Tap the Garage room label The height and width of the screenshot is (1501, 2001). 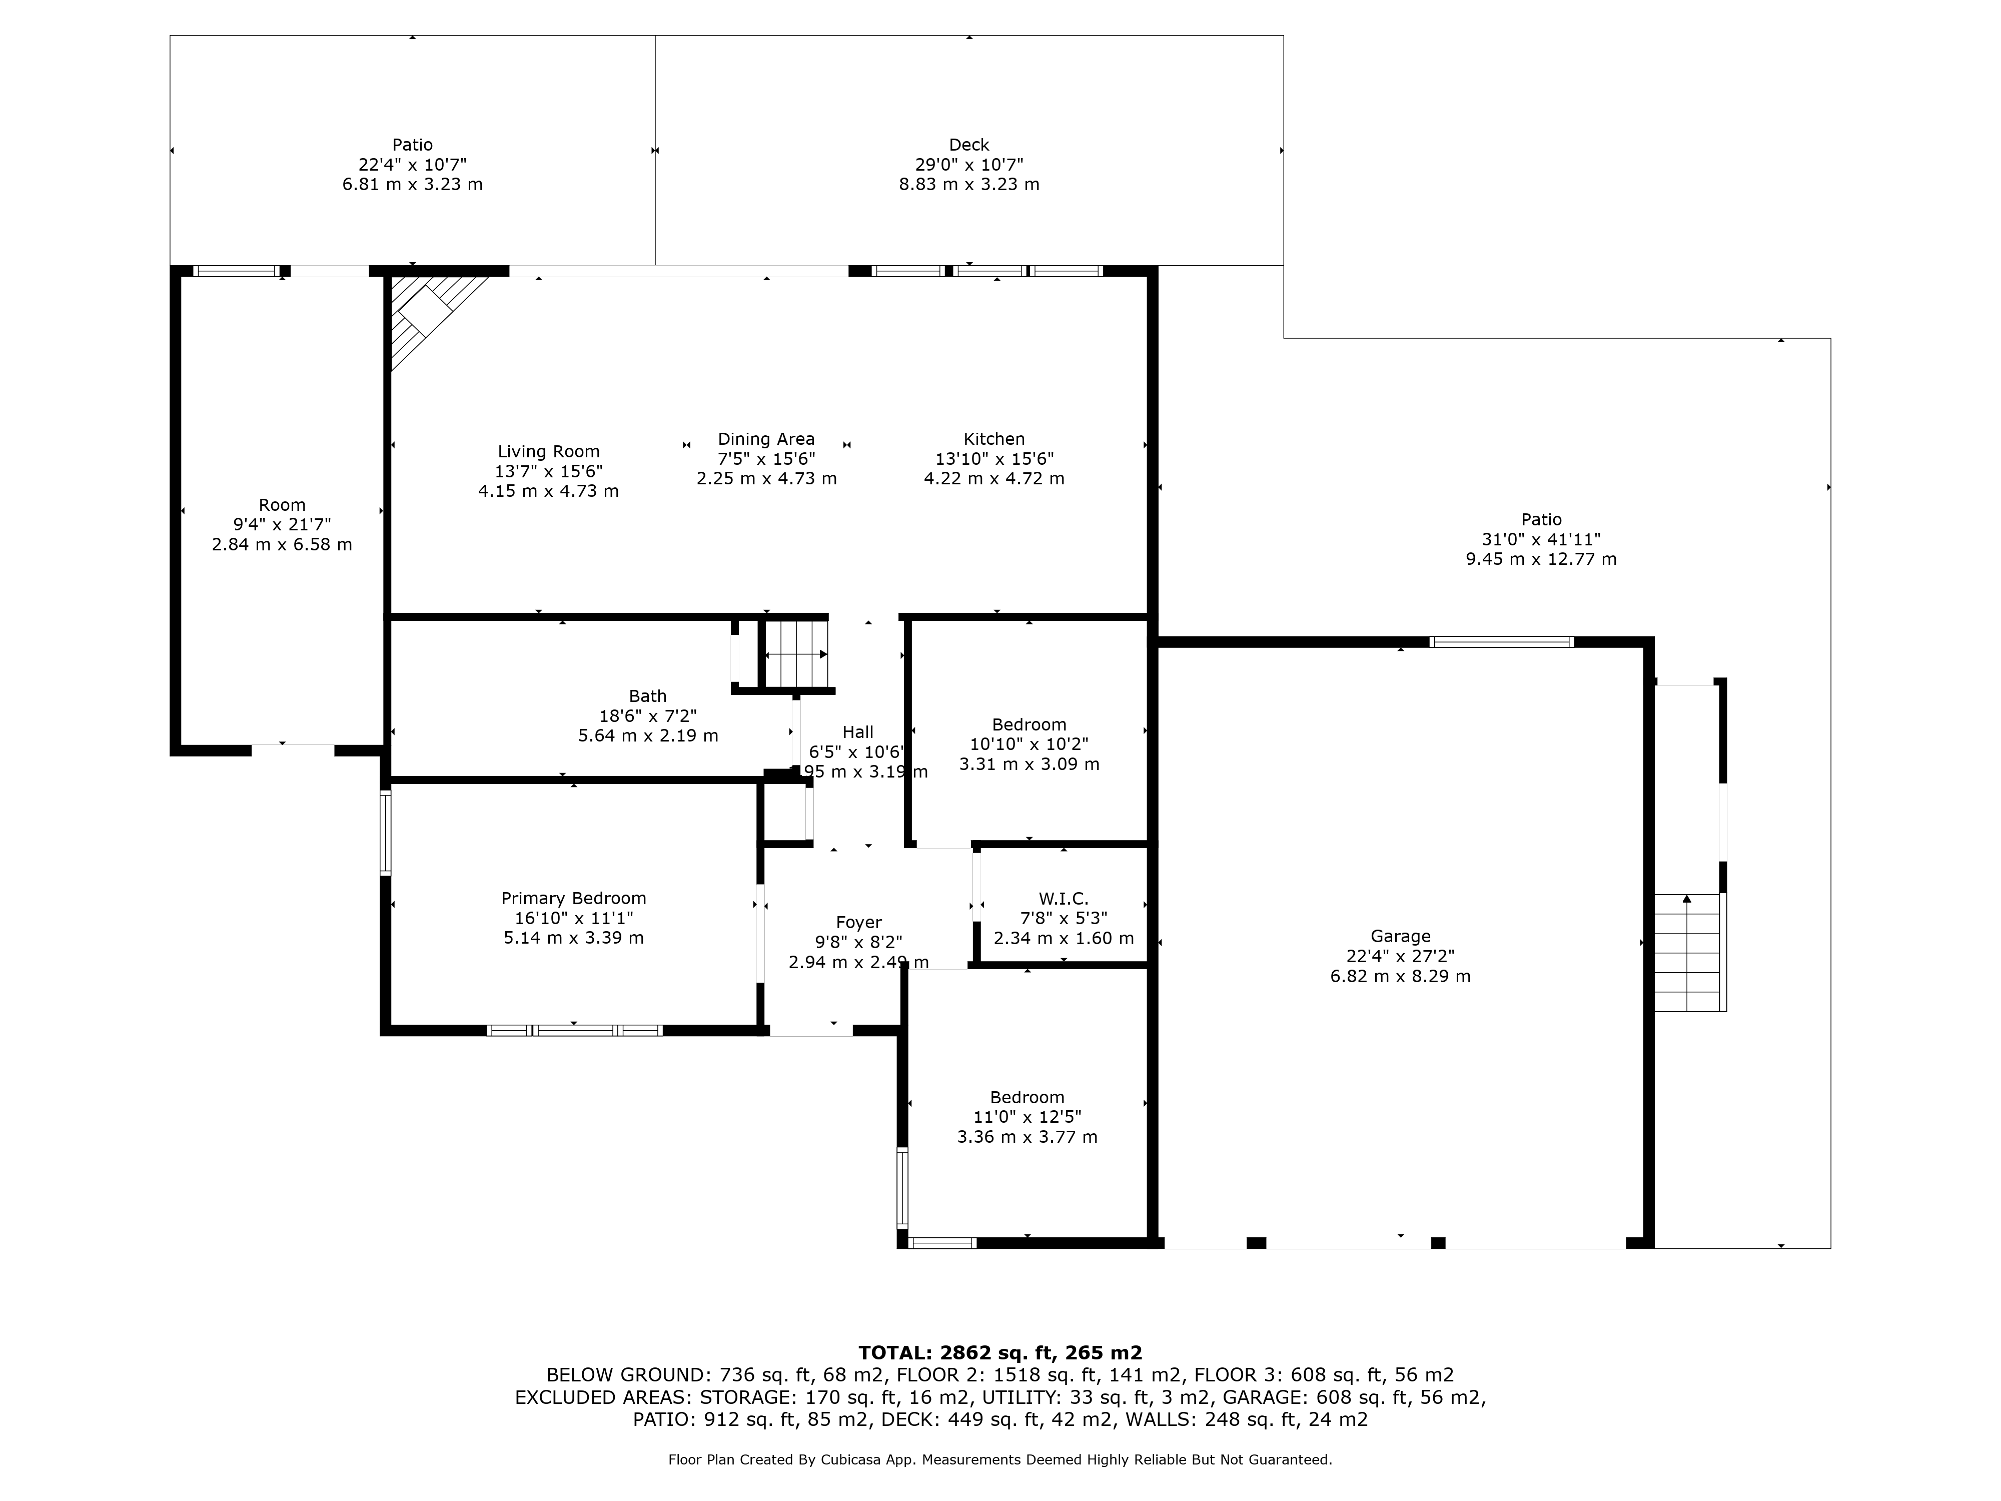click(1400, 937)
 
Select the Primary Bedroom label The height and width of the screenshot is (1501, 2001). click(573, 899)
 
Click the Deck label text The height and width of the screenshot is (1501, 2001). click(969, 145)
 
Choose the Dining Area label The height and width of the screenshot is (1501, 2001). click(766, 439)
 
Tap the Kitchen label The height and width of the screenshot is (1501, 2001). click(994, 439)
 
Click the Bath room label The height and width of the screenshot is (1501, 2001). click(648, 696)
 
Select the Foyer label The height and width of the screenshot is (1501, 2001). click(858, 923)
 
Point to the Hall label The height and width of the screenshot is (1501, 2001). click(858, 732)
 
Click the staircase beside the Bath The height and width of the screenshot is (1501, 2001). click(796, 653)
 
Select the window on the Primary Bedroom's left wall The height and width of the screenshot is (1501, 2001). click(385, 833)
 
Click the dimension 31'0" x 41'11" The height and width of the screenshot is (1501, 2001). click(1541, 539)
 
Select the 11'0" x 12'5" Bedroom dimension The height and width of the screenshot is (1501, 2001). click(1027, 1117)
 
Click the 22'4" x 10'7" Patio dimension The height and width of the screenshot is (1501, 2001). click(413, 165)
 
